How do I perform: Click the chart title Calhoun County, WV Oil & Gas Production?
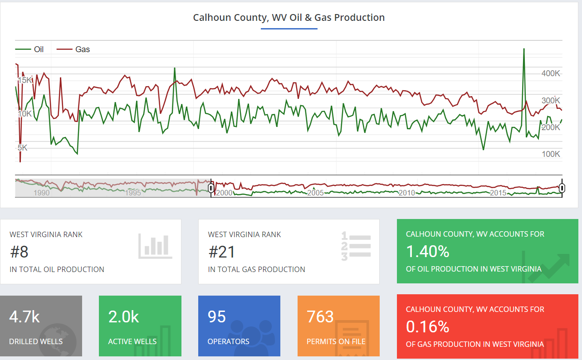coord(289,18)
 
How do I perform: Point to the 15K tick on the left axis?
coord(25,80)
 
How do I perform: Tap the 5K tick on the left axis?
coord(23,148)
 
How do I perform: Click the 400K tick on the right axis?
coord(551,73)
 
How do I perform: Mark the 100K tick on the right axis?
coord(551,154)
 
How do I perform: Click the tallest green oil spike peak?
coord(524,49)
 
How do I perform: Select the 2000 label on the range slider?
coord(224,193)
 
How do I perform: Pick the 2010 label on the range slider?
coord(407,193)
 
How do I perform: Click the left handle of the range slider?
coord(211,188)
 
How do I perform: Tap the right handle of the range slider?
coord(562,188)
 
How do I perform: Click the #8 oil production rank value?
coord(19,252)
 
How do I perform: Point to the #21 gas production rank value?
coord(221,252)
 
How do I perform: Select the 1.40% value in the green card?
coord(427,251)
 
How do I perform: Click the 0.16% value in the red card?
coord(427,326)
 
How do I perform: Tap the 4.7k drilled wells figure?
coord(24,316)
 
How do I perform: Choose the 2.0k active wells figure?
coord(123,316)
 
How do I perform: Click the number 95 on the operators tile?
coord(216,316)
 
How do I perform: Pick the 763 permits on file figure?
coord(320,316)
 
